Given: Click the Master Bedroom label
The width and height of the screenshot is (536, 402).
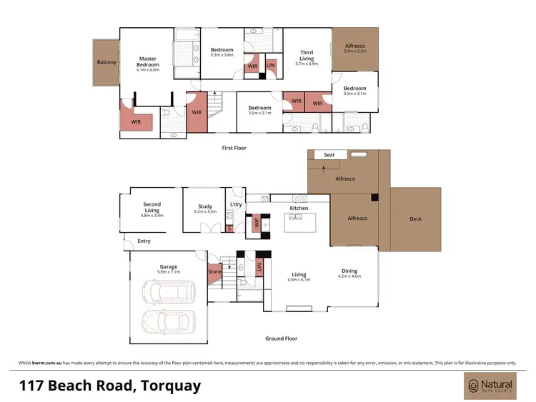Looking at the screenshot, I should pyautogui.click(x=148, y=62).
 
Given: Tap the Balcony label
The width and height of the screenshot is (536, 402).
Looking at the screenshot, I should pyautogui.click(x=106, y=62).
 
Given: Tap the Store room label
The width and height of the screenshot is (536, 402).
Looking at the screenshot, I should pyautogui.click(x=214, y=271).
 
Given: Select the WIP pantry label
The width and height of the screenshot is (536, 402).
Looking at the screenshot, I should pyautogui.click(x=257, y=223).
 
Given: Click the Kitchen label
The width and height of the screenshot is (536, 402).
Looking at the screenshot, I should pyautogui.click(x=299, y=208).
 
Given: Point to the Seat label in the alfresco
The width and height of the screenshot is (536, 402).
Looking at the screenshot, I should pyautogui.click(x=329, y=155).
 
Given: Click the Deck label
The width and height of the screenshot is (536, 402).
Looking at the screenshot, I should pyautogui.click(x=415, y=219).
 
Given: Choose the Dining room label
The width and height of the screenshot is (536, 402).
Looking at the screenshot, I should pyautogui.click(x=350, y=271).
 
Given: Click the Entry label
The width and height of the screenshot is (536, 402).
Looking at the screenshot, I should pyautogui.click(x=144, y=241).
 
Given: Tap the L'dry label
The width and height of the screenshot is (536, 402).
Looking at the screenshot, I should pyautogui.click(x=236, y=205).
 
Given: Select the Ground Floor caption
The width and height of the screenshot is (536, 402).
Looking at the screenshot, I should pyautogui.click(x=282, y=338).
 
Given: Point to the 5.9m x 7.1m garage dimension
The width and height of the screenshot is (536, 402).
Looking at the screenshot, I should pyautogui.click(x=169, y=272).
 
